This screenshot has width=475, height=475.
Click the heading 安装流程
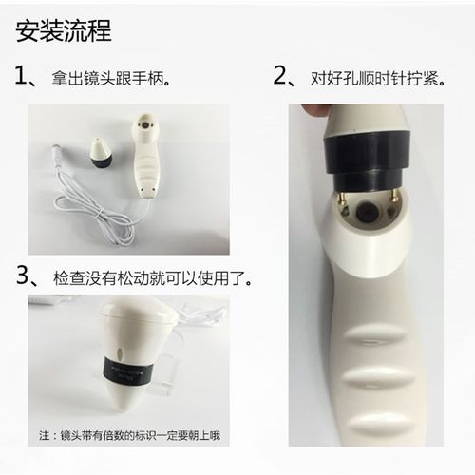point(65,30)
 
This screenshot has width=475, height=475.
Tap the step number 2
point(281,76)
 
